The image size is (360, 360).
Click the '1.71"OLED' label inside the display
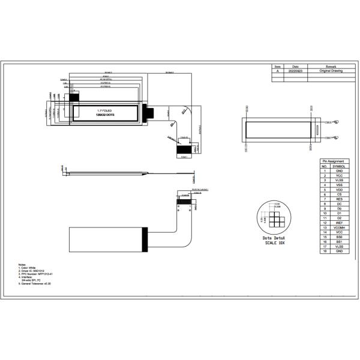tap(106, 110)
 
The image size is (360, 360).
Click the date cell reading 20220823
tap(296, 71)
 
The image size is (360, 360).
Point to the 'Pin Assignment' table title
tap(333, 161)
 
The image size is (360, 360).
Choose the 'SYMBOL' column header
tap(340, 166)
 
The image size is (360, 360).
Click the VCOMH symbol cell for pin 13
tap(340, 227)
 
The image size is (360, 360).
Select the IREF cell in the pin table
tap(340, 223)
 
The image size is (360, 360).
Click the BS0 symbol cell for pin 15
tap(340, 237)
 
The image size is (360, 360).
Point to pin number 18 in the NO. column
tap(324, 251)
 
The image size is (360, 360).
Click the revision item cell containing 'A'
tap(277, 71)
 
